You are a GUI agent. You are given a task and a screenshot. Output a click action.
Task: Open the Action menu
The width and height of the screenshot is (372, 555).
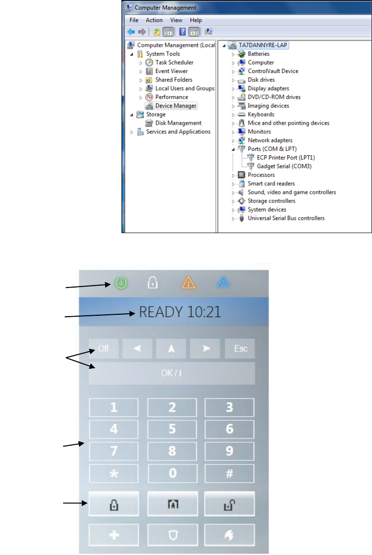(x=154, y=20)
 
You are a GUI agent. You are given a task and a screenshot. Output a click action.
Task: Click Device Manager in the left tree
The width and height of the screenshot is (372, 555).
(x=175, y=106)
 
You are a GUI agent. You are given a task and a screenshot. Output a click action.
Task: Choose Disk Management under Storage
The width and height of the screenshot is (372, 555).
(x=178, y=123)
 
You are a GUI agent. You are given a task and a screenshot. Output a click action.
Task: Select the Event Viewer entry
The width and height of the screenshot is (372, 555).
(x=171, y=71)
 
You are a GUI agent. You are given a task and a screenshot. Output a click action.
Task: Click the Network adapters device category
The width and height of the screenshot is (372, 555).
(x=270, y=140)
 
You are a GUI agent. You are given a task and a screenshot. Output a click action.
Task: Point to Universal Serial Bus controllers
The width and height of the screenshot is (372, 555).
(x=286, y=218)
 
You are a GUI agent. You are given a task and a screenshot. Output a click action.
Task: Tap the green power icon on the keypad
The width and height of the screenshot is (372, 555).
(x=121, y=283)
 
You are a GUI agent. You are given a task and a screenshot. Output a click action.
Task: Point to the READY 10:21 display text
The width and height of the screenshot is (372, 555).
(x=180, y=312)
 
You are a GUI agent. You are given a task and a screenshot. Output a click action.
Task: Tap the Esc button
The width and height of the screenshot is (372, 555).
(x=240, y=349)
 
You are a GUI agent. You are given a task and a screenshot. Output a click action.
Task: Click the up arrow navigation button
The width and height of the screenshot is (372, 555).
(x=171, y=349)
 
